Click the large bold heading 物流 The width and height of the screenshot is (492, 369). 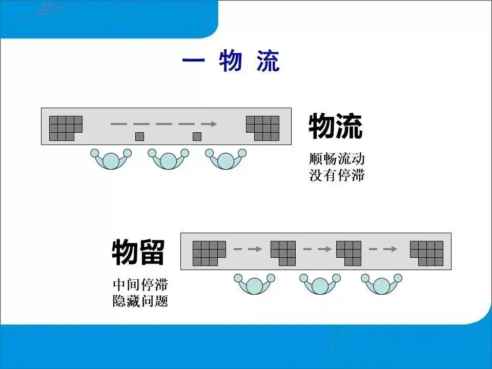335,127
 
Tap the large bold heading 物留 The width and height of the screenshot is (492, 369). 138,252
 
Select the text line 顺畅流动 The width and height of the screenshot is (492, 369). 337,158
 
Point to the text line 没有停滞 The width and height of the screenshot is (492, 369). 337,175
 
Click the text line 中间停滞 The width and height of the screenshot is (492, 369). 140,284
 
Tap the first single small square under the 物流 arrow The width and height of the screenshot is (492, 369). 139,136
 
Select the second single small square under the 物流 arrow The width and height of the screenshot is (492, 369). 197,136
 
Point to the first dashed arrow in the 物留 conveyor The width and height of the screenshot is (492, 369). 248,250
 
